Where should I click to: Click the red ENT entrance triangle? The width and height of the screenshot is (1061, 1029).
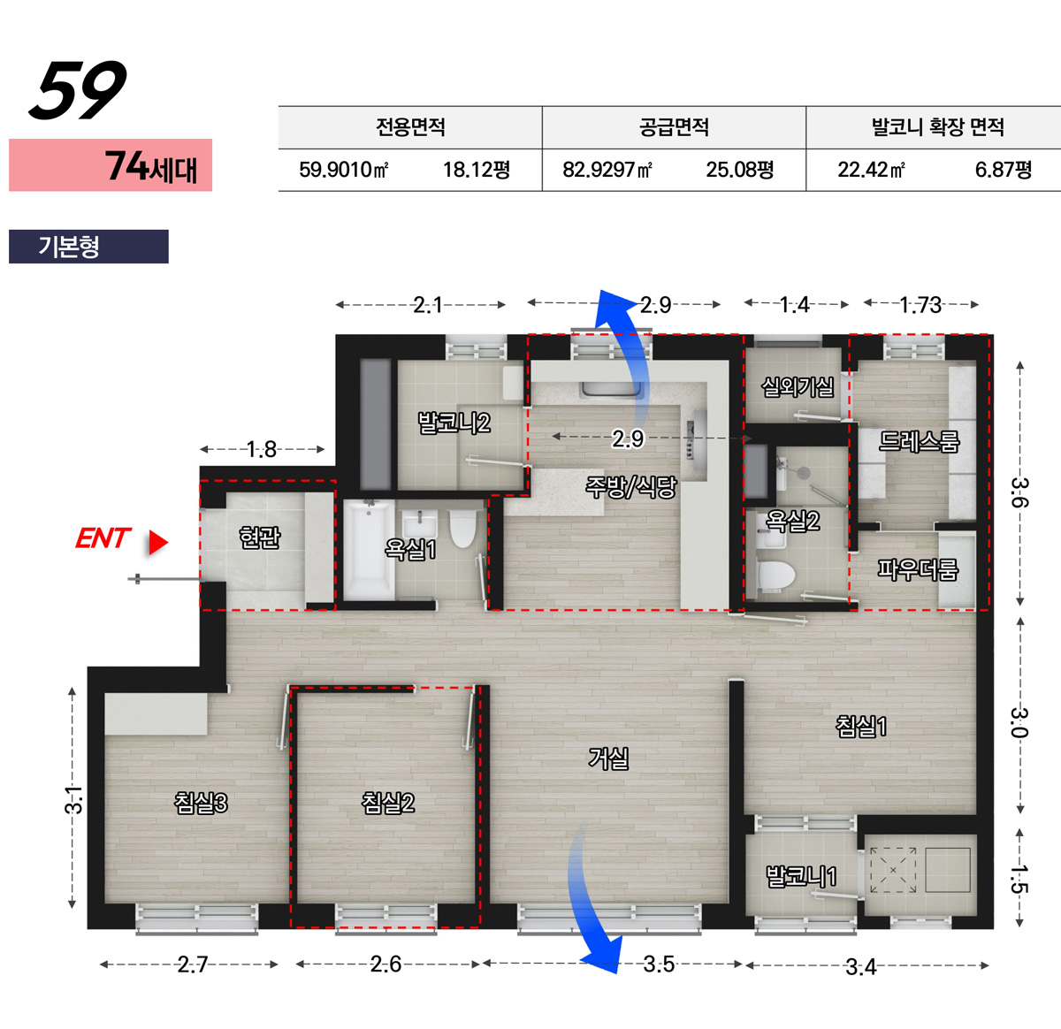point(157,542)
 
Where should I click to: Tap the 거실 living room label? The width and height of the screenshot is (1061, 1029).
point(608,758)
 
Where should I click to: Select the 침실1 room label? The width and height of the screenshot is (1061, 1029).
point(861,726)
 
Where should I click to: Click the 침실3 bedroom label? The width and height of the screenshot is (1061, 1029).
point(200,803)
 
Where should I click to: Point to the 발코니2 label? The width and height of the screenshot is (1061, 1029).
point(454,423)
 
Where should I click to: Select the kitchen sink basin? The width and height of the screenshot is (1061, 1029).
point(612,389)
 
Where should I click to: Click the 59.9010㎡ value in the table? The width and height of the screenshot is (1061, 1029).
point(343,170)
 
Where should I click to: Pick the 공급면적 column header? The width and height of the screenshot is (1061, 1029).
point(674,127)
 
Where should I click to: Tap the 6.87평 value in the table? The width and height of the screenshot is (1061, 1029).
point(1003,170)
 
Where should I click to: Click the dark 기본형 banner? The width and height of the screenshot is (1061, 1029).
point(88,247)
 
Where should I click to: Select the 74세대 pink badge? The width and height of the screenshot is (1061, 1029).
point(111,164)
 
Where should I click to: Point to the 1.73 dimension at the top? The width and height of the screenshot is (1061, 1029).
point(920,305)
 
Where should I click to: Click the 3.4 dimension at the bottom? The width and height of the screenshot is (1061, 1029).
point(861,967)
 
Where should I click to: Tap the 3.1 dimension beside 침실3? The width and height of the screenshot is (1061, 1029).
point(73,799)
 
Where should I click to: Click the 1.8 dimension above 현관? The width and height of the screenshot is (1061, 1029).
point(262,450)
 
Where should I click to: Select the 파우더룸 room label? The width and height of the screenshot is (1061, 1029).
point(917,570)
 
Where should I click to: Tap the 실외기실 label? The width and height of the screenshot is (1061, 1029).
point(798,387)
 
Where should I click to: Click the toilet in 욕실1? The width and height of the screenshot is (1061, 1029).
point(462,528)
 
